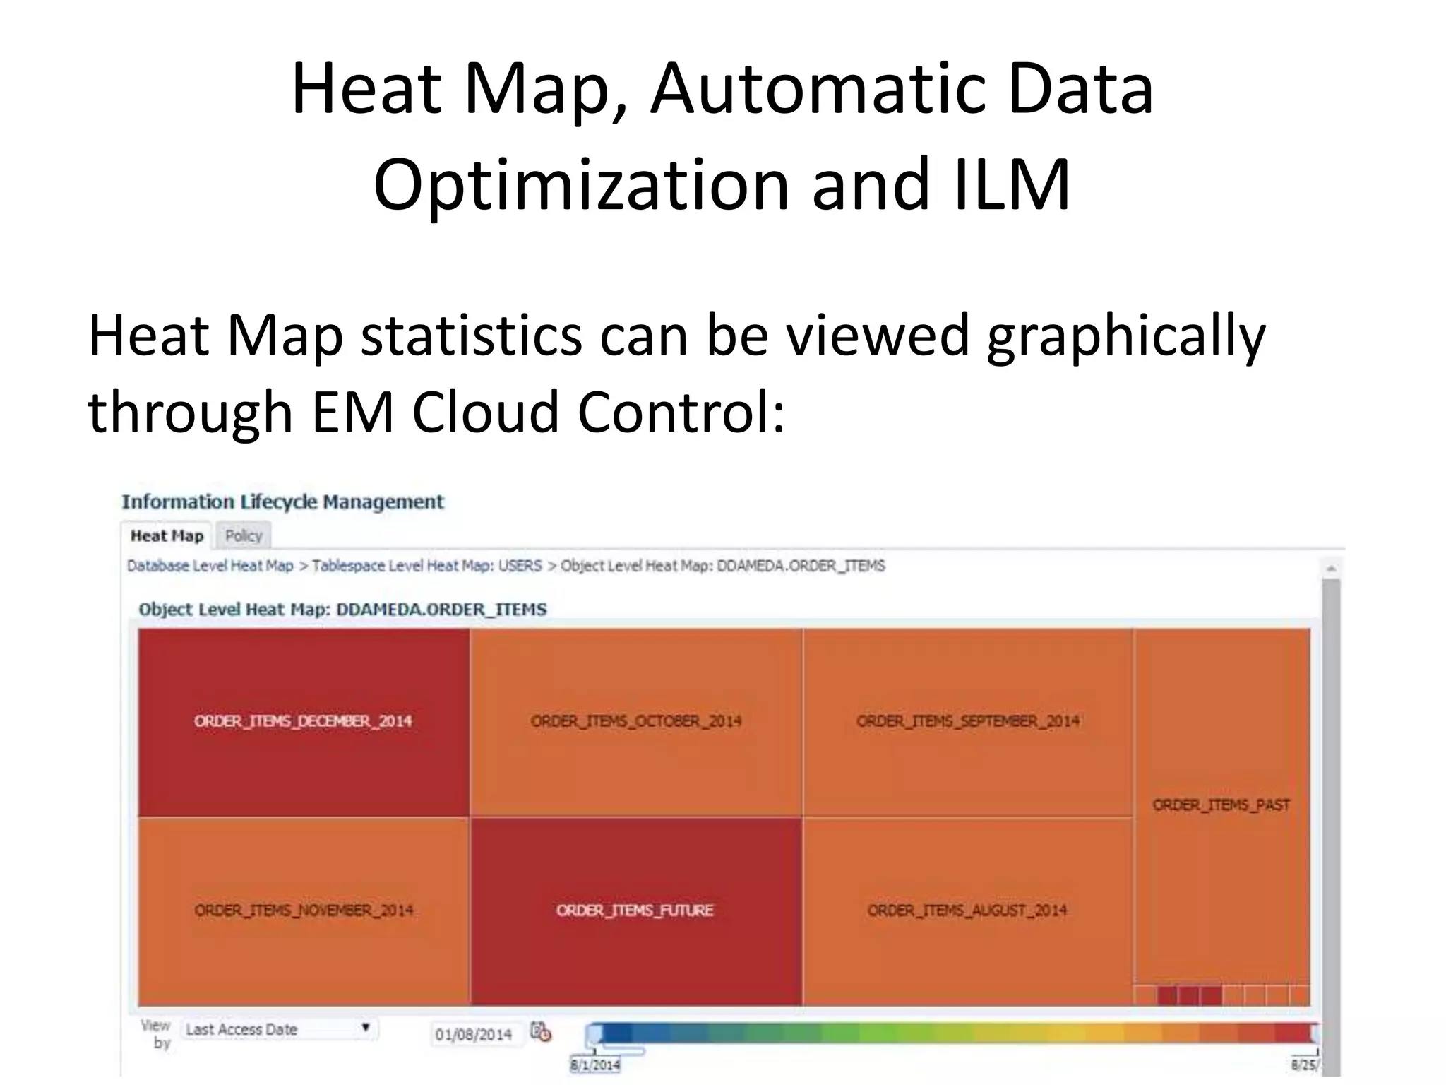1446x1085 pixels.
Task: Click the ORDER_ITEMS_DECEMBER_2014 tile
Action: [304, 721]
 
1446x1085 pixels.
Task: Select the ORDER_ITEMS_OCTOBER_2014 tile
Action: [635, 721]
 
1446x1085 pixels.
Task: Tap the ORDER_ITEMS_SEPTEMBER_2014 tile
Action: [967, 721]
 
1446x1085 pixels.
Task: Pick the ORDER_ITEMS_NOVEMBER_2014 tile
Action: [304, 911]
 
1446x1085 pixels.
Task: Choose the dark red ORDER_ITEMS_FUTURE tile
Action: [635, 911]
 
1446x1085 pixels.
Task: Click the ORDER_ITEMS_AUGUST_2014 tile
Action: [967, 911]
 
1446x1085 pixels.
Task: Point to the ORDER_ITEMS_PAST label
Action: [1221, 805]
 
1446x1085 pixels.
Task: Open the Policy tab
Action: [244, 536]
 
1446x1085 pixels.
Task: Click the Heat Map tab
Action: [167, 536]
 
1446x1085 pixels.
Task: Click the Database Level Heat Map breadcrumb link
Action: [210, 566]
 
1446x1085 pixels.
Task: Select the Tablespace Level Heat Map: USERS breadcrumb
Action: [426, 566]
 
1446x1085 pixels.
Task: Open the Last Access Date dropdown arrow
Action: [366, 1028]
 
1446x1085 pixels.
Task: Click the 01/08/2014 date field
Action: [473, 1035]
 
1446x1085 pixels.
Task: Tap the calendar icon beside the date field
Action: [541, 1032]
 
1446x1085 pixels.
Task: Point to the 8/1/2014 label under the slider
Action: [595, 1065]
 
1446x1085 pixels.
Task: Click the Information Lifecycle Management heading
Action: [282, 502]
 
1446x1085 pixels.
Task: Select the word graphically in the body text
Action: [1125, 336]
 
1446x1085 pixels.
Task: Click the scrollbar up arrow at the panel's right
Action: [1331, 569]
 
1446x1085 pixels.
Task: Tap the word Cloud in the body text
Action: [486, 412]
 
